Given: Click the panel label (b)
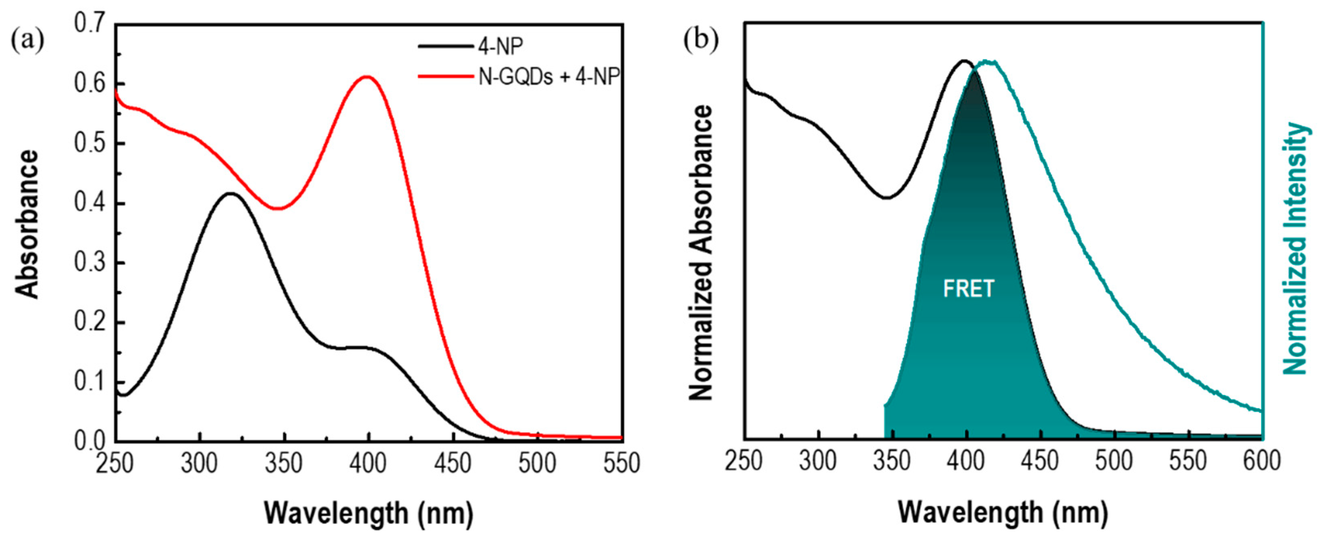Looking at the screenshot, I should pos(701,40).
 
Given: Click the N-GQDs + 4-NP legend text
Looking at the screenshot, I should pos(549,77).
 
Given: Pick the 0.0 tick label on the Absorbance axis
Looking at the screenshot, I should pos(91,440).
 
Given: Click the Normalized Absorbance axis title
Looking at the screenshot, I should pos(701,253).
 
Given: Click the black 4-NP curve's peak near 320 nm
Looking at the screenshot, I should pos(231,193).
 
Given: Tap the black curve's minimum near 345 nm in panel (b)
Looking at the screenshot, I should pos(887,197).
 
